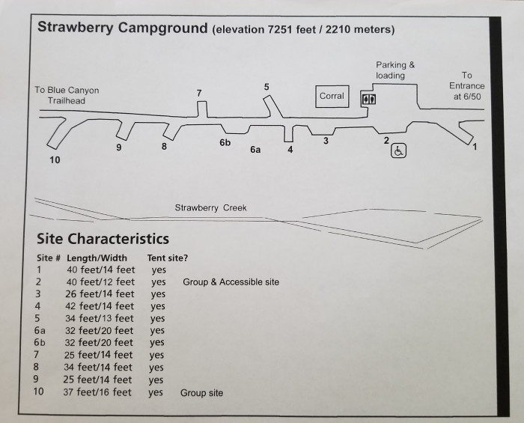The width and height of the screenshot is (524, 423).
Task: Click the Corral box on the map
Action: pos(332,96)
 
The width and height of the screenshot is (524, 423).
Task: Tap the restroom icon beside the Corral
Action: pos(368,98)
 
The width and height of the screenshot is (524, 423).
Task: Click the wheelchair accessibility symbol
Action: pos(398,151)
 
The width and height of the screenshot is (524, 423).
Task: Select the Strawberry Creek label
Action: pos(210,208)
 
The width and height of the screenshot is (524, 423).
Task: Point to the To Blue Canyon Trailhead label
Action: pos(67,95)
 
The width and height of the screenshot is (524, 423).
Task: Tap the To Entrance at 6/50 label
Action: pos(467,85)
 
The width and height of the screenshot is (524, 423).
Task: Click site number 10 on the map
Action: pos(55,160)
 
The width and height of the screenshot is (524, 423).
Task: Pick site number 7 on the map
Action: pos(198,92)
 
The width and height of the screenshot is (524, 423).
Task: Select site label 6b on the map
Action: pos(225,142)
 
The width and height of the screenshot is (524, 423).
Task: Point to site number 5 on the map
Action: pos(266,87)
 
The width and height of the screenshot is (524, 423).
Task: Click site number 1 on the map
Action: pos(474,147)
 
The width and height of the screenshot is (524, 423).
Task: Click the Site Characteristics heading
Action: pos(103,240)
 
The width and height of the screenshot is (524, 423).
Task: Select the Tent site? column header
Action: pos(168,258)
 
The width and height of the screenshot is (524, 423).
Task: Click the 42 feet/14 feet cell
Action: pos(100,306)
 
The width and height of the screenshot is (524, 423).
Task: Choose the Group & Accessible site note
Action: pos(231,282)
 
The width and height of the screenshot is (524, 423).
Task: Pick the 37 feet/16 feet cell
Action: pos(98,392)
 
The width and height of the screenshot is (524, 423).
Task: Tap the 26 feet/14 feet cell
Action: pos(100,294)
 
